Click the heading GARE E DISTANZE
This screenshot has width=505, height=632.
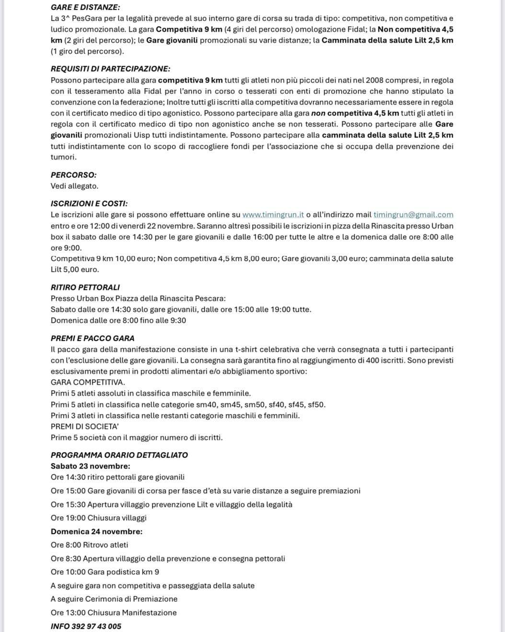click(x=85, y=7)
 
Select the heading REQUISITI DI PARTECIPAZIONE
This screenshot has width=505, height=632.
click(x=111, y=69)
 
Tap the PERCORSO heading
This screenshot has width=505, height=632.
click(x=73, y=175)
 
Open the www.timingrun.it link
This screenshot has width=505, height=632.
click(x=273, y=215)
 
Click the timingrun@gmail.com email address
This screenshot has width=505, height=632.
click(x=413, y=215)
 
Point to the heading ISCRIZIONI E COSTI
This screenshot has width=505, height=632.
click(x=89, y=204)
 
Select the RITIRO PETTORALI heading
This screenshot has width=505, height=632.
click(x=85, y=287)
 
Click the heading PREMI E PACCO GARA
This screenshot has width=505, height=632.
click(x=92, y=338)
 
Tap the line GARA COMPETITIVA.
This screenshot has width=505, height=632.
click(x=88, y=382)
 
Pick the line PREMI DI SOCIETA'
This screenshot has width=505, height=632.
click(x=85, y=426)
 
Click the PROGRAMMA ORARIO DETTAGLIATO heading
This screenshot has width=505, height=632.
click(x=119, y=455)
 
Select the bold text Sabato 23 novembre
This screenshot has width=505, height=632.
click(x=90, y=466)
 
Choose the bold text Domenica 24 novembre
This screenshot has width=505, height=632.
click(x=96, y=531)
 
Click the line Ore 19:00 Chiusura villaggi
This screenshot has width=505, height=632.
click(x=99, y=518)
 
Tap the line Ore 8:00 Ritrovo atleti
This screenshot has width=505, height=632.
click(x=90, y=545)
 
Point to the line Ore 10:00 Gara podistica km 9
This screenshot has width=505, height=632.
click(x=105, y=572)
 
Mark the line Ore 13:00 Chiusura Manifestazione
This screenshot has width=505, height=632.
click(x=114, y=613)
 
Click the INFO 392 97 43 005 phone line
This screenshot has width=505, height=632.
click(x=86, y=626)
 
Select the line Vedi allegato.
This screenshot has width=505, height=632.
click(x=74, y=186)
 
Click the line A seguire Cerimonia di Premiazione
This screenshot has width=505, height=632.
click(x=114, y=599)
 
